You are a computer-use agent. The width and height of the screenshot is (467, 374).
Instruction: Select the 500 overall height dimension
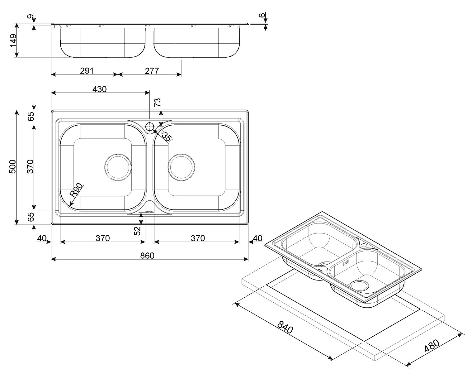pos(13,167)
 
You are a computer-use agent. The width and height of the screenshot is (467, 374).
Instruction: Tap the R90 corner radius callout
pos(76,191)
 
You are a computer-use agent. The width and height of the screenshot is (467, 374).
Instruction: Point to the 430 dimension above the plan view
pos(100,89)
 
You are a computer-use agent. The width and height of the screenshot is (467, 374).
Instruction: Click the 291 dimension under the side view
pos(87,71)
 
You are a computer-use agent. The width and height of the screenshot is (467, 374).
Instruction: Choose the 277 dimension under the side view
pos(152,71)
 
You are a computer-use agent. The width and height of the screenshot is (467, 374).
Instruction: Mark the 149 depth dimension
pos(13,41)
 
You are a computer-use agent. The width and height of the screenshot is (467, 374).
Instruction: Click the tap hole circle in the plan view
pos(150,127)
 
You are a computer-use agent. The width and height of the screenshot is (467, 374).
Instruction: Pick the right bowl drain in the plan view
pos(182,167)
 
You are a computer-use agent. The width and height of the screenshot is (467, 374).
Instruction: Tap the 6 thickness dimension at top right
pos(262,15)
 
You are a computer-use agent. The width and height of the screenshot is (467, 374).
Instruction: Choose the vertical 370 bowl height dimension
pos(30,167)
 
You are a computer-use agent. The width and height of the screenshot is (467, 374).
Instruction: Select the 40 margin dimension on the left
pos(41,238)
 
